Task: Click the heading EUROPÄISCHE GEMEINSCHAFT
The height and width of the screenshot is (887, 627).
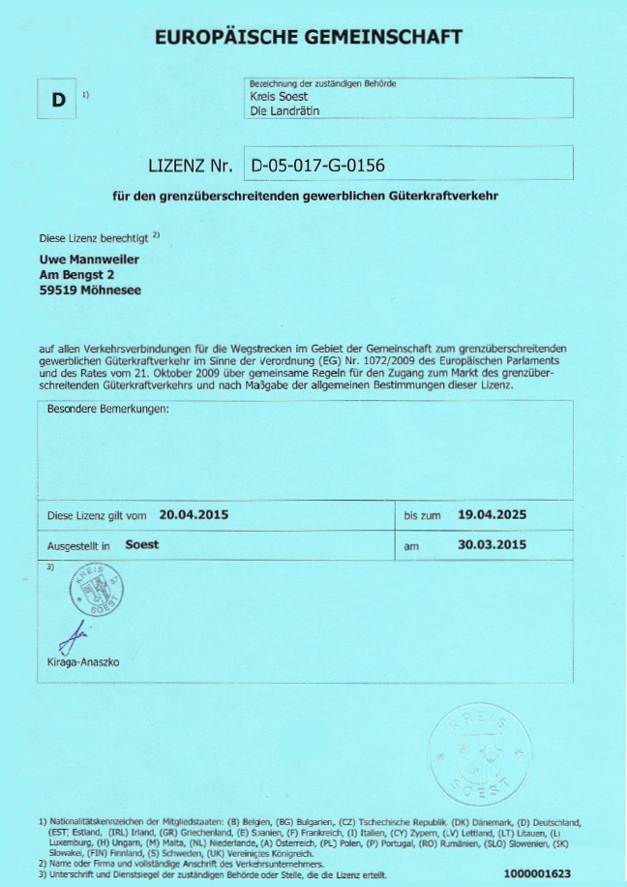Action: [309, 38]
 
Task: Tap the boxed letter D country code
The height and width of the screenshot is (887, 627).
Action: [58, 100]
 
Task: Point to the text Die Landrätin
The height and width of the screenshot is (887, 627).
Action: [284, 111]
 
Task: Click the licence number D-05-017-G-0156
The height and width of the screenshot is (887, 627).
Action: [318, 166]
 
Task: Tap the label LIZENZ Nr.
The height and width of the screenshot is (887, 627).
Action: [190, 166]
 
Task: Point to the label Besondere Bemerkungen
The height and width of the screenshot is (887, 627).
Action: [108, 410]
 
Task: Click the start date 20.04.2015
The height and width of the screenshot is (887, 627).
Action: [194, 514]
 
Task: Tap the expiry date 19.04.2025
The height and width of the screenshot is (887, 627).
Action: [491, 514]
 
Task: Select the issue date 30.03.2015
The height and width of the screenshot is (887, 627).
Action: [491, 545]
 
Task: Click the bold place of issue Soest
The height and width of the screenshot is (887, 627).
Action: [142, 545]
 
